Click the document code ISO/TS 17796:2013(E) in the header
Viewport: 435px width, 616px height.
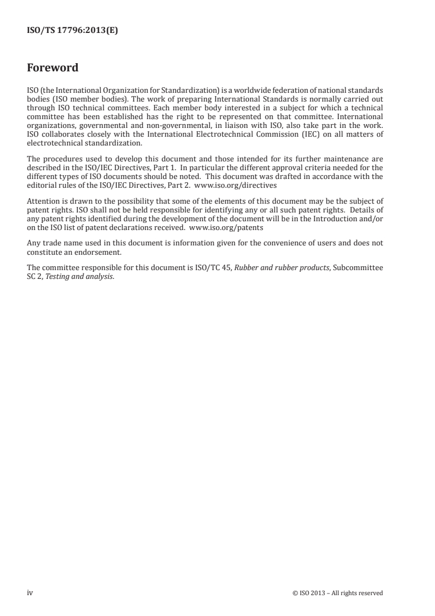tap(72, 31)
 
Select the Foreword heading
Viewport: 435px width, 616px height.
tap(53, 68)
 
